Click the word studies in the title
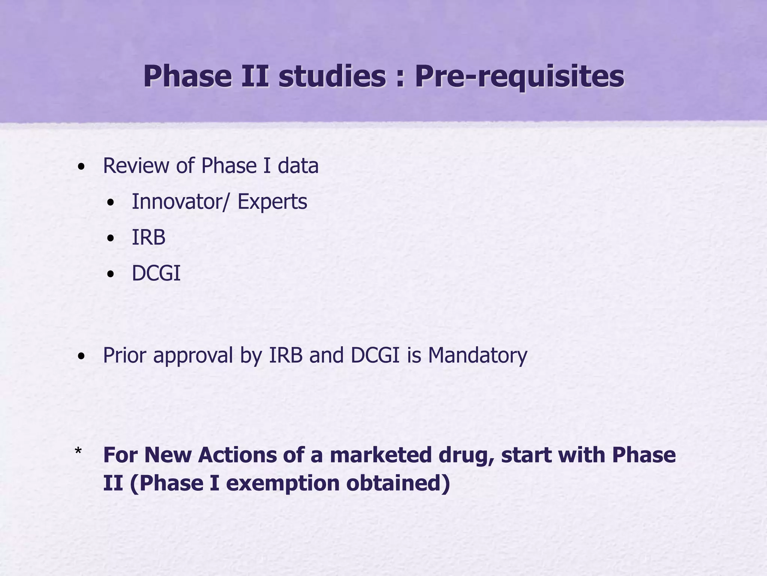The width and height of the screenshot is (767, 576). click(x=332, y=76)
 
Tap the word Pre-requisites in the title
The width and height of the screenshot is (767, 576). click(x=519, y=77)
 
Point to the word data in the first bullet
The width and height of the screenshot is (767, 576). click(x=298, y=166)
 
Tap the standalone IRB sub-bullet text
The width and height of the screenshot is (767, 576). click(x=149, y=238)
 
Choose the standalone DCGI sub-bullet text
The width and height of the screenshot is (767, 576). click(x=156, y=273)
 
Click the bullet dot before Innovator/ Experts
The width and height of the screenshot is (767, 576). click(x=110, y=203)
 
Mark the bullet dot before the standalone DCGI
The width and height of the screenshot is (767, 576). click(x=110, y=274)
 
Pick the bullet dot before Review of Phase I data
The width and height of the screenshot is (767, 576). click(x=81, y=167)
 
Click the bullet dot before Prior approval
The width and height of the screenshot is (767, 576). click(x=81, y=357)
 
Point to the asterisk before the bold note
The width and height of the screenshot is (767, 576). click(x=78, y=451)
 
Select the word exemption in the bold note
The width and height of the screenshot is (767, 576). click(x=282, y=483)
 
